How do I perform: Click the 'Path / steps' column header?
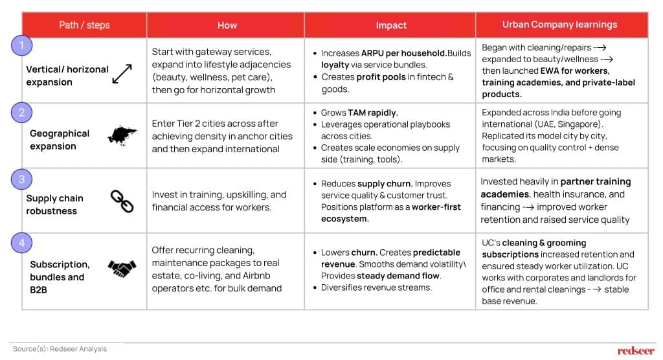coord(84,25)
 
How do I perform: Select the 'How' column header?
coord(227,25)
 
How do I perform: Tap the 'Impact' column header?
coord(391,25)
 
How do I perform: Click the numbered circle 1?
coord(21,46)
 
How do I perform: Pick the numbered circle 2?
coord(21,113)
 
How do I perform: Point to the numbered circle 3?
coord(21,178)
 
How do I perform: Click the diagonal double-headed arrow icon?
coord(122,73)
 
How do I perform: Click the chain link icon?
coord(122,201)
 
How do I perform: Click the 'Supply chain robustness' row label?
coord(55,205)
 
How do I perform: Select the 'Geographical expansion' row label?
coord(60,139)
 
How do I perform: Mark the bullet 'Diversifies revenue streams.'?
coord(376,287)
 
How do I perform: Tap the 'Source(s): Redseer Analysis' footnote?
coord(60,349)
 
